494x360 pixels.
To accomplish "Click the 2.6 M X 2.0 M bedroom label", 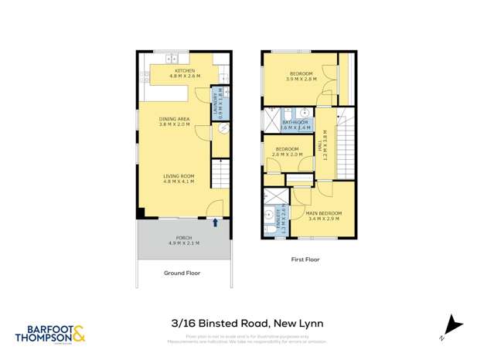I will click(x=286, y=151).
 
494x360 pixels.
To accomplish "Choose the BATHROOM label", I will click(x=295, y=125).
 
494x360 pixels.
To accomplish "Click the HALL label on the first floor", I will click(x=323, y=144).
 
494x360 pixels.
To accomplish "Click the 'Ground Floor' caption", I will click(x=182, y=273).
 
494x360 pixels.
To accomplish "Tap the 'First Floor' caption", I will click(x=304, y=260).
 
